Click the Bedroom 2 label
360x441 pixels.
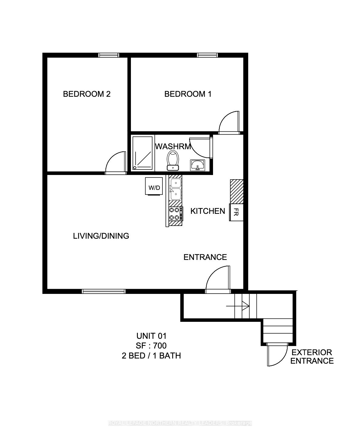(87, 94)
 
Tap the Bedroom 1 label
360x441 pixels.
(188, 94)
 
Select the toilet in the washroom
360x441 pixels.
(173, 160)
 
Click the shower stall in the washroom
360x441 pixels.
(142, 153)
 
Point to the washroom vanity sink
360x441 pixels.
(198, 165)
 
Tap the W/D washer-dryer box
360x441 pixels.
(154, 186)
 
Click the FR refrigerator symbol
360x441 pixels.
(236, 212)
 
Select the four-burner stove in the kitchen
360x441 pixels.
(176, 214)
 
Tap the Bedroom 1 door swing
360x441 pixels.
(229, 122)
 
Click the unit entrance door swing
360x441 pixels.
(218, 279)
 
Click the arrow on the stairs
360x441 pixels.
(238, 306)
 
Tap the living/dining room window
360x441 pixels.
(104, 291)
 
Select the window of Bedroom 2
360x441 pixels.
(109, 55)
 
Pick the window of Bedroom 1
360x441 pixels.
(208, 55)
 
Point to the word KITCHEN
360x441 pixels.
(208, 211)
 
